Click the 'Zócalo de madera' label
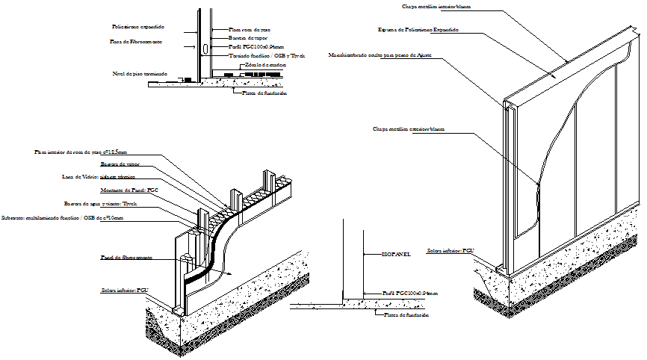(x=265, y=65)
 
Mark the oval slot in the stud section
(x=204, y=49)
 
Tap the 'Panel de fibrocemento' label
(x=127, y=257)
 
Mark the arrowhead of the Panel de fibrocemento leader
(x=238, y=275)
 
